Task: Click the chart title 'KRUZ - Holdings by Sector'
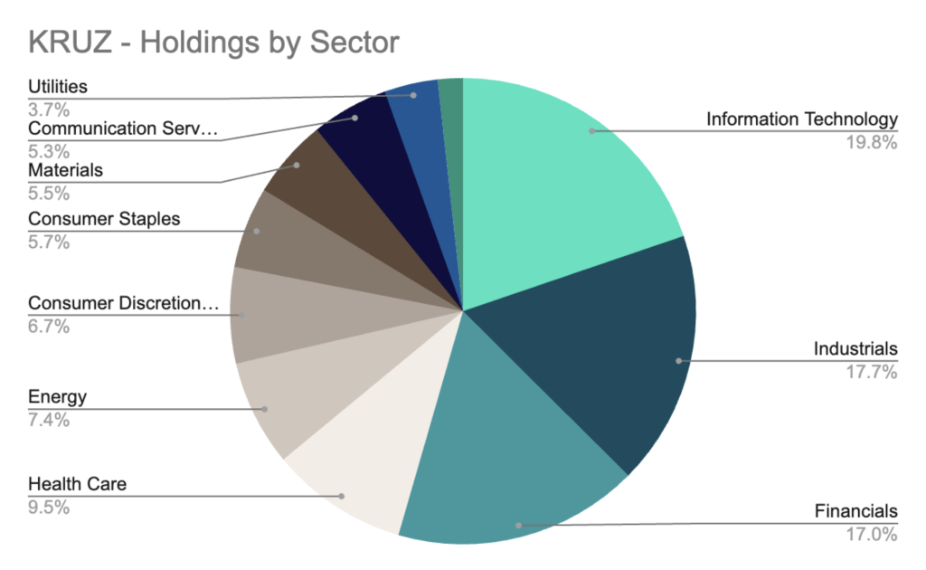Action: [x=213, y=43]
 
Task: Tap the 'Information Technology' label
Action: [x=801, y=119]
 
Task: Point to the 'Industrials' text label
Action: [x=855, y=348]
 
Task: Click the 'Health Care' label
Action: [x=78, y=484]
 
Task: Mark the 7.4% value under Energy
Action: [x=49, y=420]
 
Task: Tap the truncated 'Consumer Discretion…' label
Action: [x=124, y=303]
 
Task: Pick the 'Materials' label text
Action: [x=66, y=170]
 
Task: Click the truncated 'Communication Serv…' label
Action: [x=124, y=128]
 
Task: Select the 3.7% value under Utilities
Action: [x=49, y=109]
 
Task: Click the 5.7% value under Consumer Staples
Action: [x=49, y=242]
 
